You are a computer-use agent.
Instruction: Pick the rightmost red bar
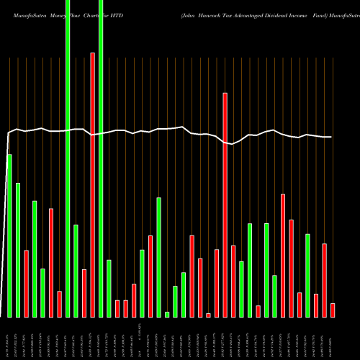click(x=333, y=310)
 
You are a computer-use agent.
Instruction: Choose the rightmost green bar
click(x=307, y=275)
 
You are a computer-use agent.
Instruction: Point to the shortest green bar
click(x=167, y=314)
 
